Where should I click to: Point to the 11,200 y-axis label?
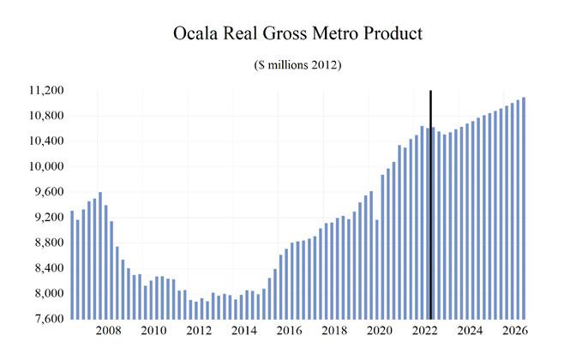click(45, 91)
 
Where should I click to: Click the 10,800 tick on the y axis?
click(45, 116)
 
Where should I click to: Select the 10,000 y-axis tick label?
click(45, 166)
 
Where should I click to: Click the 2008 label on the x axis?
click(109, 330)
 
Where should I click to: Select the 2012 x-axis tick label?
click(198, 330)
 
